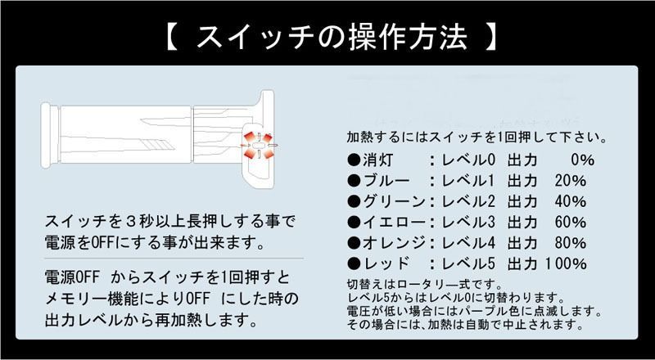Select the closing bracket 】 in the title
(490, 37)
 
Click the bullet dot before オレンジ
(354, 243)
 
